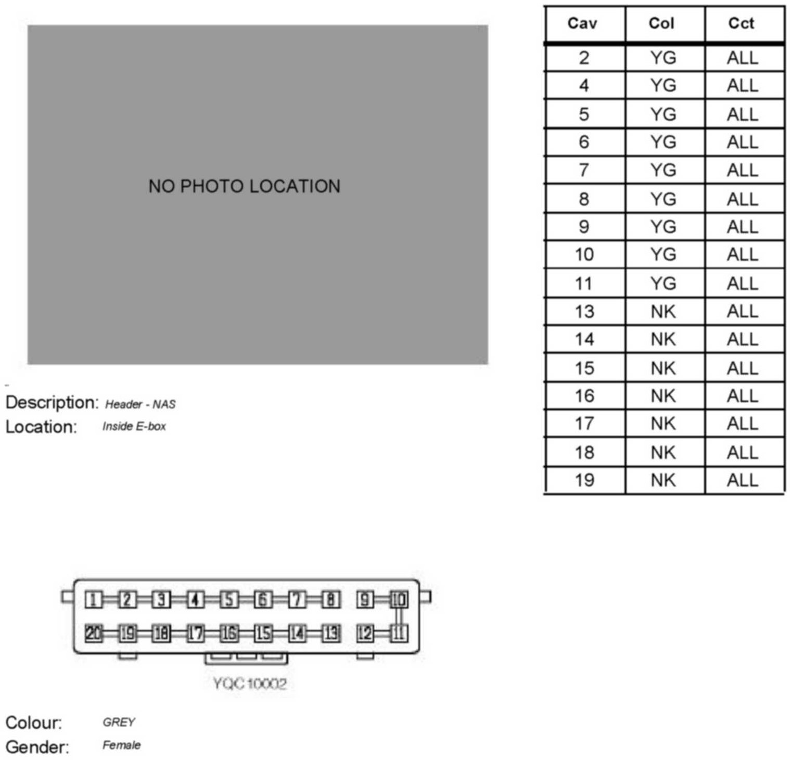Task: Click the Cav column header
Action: point(582,23)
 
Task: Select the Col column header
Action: point(661,23)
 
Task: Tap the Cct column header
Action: point(741,23)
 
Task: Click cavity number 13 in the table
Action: point(584,312)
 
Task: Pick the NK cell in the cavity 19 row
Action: point(663,480)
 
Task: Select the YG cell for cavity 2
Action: point(663,58)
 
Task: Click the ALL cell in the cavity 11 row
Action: point(742,284)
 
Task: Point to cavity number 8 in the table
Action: point(584,199)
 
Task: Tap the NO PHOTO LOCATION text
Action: point(244,186)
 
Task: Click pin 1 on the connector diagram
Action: point(94,600)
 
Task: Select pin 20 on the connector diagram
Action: point(94,633)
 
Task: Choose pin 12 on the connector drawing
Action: point(365,633)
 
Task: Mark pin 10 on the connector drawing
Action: point(399,600)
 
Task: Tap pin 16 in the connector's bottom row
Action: point(229,633)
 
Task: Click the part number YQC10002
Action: point(250,683)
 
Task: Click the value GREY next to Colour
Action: point(119,722)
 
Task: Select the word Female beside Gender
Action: point(121,745)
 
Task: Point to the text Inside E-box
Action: point(134,427)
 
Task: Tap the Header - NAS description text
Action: point(140,404)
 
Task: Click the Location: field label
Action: point(41,427)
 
